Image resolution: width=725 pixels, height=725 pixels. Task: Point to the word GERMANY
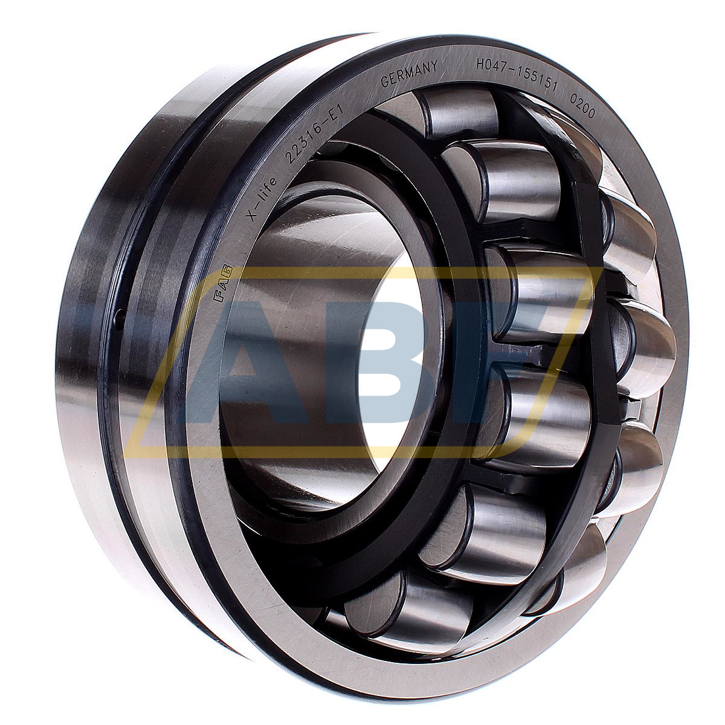pyautogui.click(x=409, y=74)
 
